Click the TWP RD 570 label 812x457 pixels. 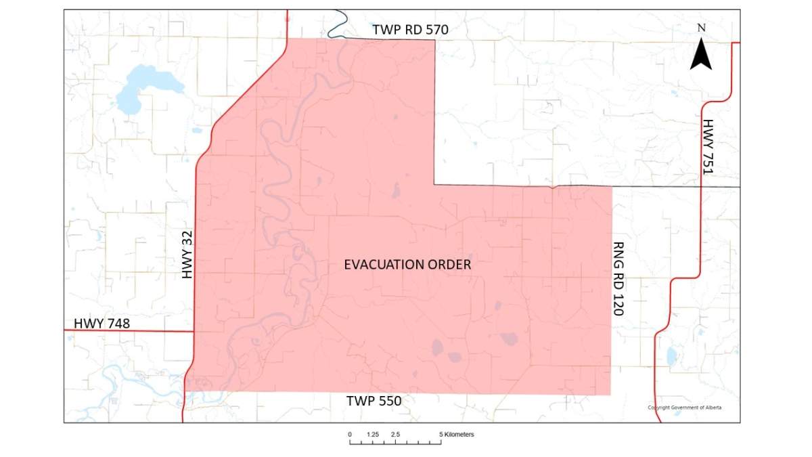coord(411,30)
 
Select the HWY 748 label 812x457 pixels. coord(101,324)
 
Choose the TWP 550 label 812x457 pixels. coord(374,401)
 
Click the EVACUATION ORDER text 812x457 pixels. coord(407,265)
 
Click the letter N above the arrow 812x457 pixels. coord(702,28)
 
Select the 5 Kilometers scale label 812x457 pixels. coord(457,434)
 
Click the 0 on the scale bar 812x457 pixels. coord(350,434)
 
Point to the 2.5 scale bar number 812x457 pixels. coord(395,434)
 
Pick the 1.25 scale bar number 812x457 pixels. coord(372,434)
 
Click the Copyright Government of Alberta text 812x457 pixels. coord(684,408)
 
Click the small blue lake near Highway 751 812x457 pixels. coord(671,355)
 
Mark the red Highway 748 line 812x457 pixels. coord(129,331)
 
